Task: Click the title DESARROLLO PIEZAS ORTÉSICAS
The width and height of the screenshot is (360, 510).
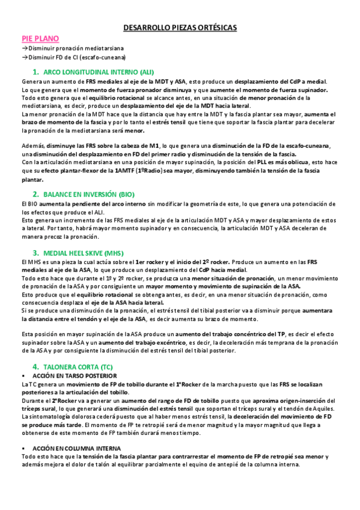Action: [x=180, y=28]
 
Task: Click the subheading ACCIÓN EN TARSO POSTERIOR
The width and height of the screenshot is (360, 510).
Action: [x=69, y=375]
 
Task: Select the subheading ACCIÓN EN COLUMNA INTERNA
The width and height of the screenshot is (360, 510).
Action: [x=71, y=448]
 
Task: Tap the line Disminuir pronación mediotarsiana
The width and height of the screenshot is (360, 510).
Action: [x=67, y=48]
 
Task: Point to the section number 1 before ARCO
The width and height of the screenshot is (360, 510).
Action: [x=35, y=71]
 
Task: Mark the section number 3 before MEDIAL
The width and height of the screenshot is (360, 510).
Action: [x=35, y=253]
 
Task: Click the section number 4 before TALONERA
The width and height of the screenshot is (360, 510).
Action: [x=35, y=366]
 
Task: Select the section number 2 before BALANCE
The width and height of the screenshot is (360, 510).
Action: [x=35, y=194]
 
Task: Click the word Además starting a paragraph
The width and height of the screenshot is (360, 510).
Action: [x=32, y=146]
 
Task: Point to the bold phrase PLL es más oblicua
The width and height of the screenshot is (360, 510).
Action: [x=290, y=162]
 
